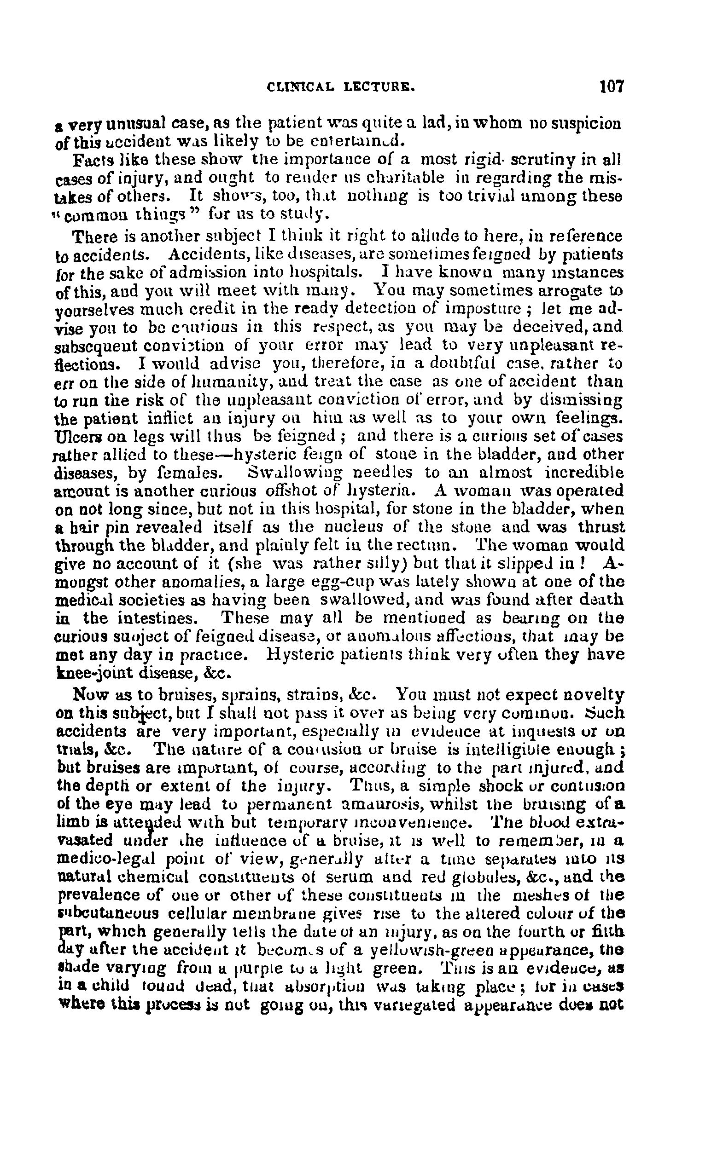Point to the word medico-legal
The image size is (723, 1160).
[103, 859]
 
